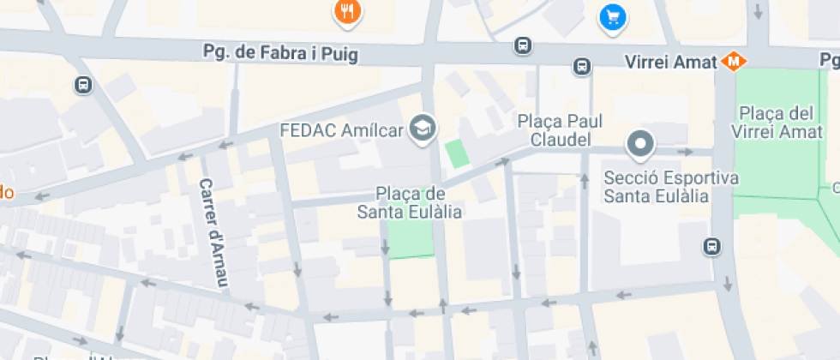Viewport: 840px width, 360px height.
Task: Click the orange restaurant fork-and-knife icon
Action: pyautogui.click(x=347, y=11)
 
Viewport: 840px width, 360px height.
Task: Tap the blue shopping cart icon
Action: pyautogui.click(x=612, y=16)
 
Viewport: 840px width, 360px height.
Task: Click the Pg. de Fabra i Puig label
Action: pyautogui.click(x=279, y=53)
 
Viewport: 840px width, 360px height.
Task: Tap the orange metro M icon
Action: pyautogui.click(x=732, y=61)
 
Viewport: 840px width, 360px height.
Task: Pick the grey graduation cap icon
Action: pyautogui.click(x=423, y=129)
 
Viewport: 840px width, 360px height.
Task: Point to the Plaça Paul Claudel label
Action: pyautogui.click(x=555, y=130)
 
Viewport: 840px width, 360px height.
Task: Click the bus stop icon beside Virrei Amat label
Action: pyautogui.click(x=582, y=66)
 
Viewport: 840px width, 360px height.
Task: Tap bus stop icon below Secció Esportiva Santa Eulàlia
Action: pyautogui.click(x=711, y=246)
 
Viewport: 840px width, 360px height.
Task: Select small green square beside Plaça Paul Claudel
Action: pyautogui.click(x=457, y=153)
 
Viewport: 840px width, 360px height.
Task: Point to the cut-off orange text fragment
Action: pyautogui.click(x=5, y=192)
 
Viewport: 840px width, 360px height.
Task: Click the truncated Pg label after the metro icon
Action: pyautogui.click(x=829, y=61)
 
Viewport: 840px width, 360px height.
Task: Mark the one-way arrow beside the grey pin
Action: pyautogui.click(x=685, y=152)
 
